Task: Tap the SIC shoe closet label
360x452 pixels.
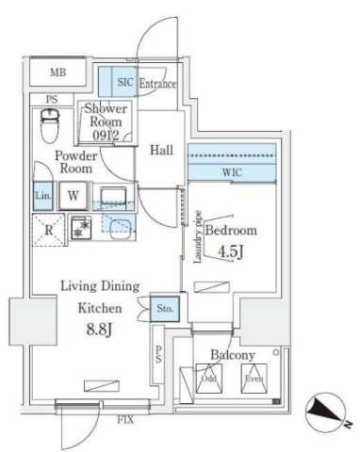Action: coord(125,83)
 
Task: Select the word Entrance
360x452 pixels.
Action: coord(157,84)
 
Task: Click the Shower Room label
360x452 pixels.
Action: coord(106,121)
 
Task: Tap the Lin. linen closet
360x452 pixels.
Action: coord(42,196)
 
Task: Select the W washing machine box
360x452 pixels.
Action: coord(74,196)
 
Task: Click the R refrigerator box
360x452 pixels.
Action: coord(46,230)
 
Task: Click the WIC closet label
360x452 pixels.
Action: coord(230,171)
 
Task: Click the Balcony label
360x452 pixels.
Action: coord(231,356)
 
